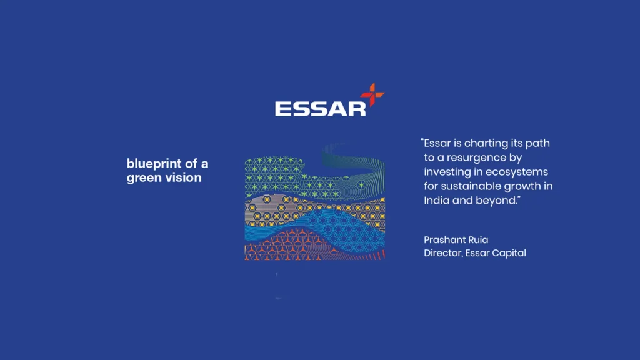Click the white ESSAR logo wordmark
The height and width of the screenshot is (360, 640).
click(x=320, y=107)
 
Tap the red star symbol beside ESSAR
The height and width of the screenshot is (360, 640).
click(x=372, y=95)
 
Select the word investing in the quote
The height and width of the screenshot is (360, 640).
click(x=446, y=172)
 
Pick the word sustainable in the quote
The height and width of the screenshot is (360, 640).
click(x=471, y=186)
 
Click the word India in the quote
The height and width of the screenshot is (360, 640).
click(x=436, y=201)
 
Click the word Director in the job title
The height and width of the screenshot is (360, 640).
click(x=442, y=253)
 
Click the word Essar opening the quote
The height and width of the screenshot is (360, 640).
click(x=437, y=143)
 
